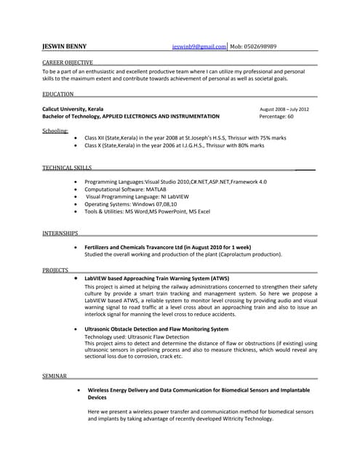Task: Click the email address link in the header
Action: [x=199, y=46]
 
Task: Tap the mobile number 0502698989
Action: [x=264, y=46]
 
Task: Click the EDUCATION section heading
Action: [x=57, y=94]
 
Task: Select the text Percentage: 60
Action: [x=276, y=116]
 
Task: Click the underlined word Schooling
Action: [x=55, y=131]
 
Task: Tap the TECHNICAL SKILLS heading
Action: [x=67, y=168]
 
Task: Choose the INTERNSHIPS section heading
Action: [x=60, y=233]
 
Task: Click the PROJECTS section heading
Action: [x=55, y=270]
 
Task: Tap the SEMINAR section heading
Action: [x=55, y=376]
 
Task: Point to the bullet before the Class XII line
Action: [x=76, y=137]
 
